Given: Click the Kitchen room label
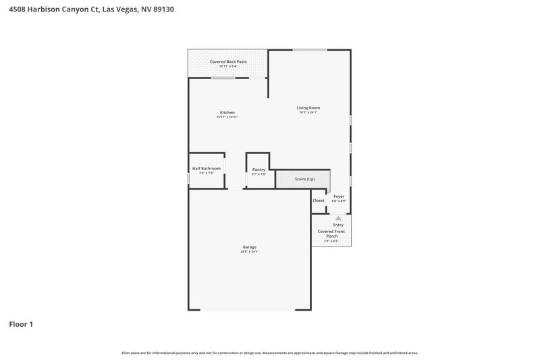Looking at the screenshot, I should (x=227, y=112).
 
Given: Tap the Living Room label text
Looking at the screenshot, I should (x=308, y=107).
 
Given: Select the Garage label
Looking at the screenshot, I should (x=249, y=247).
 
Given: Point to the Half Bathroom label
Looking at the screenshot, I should (x=206, y=168).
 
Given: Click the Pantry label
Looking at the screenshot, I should (x=259, y=170).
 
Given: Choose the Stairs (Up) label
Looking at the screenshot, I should (x=305, y=179).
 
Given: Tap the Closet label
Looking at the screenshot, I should (x=319, y=201).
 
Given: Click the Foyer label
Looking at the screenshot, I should (x=339, y=196).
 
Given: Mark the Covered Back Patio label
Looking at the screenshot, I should (x=227, y=61).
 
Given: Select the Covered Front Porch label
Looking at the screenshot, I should (x=331, y=234).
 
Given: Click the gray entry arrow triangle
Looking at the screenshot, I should (x=339, y=218).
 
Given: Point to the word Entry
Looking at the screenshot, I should (x=338, y=225).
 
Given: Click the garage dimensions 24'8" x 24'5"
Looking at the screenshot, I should (x=249, y=251).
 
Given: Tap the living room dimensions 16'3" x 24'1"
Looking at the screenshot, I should (x=308, y=112).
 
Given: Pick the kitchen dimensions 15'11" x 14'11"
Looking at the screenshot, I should (x=227, y=117).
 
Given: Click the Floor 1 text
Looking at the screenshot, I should (x=21, y=325).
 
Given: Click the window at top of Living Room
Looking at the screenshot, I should (x=310, y=49).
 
